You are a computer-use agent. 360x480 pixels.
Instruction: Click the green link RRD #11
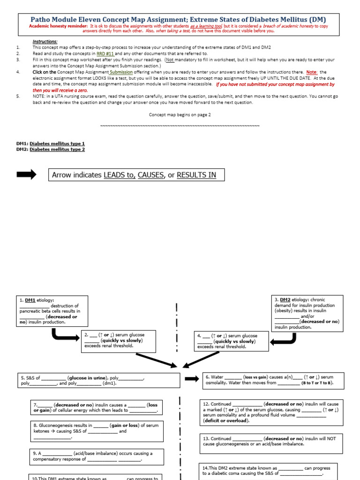coord(105,54)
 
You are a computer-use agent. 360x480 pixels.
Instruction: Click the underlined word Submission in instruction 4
coord(121,72)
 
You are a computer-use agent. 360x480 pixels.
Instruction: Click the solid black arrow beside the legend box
coord(26,175)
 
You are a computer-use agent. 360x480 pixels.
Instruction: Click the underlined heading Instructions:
coord(45,42)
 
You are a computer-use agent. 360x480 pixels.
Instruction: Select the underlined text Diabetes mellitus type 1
coord(57,143)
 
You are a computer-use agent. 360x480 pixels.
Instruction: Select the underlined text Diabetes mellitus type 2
coord(57,149)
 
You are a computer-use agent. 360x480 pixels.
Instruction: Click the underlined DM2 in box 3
coord(285,300)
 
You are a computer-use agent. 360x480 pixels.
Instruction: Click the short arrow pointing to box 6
coord(191,379)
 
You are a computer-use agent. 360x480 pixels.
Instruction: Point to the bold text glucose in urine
coord(88,377)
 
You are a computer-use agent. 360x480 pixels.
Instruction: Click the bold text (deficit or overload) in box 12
coord(226,420)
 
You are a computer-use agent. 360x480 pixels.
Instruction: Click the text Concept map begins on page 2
coord(180,114)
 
